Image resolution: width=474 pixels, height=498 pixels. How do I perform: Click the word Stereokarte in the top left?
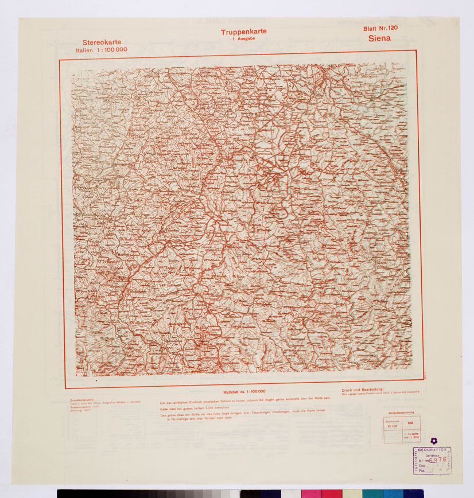[102, 42]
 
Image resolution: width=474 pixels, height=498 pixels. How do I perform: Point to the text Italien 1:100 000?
[102, 50]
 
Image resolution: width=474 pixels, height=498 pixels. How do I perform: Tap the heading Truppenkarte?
[243, 32]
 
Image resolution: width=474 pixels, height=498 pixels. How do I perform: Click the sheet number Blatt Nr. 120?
[380, 28]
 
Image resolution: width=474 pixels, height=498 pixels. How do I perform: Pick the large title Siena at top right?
[380, 38]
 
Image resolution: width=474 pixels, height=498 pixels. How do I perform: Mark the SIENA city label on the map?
[336, 66]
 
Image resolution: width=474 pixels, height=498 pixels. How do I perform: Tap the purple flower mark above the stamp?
[434, 441]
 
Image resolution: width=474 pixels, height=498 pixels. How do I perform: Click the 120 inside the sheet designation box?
[409, 423]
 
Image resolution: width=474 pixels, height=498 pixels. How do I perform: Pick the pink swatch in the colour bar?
[310, 493]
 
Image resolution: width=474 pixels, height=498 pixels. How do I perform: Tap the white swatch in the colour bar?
[290, 493]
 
